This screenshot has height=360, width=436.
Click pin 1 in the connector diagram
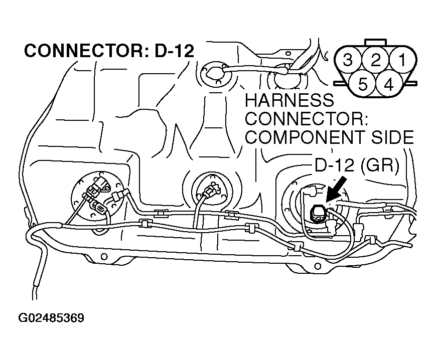pos(401,61)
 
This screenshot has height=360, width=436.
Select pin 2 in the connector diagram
pos(376,61)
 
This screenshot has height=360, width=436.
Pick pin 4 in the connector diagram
pos(388,84)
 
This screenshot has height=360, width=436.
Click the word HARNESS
pos(289,100)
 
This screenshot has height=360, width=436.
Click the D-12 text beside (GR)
pos(336,166)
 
